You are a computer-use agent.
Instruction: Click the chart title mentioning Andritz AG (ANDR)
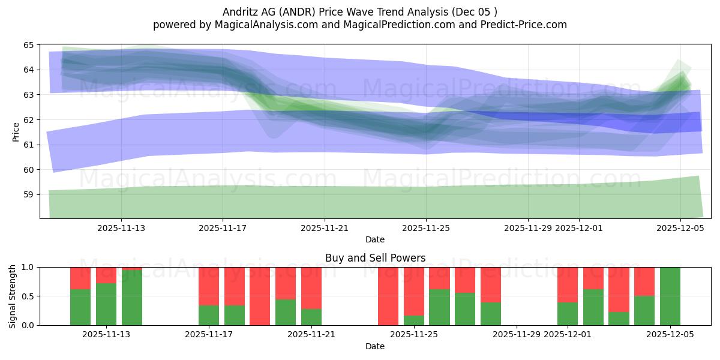[x=359, y=11]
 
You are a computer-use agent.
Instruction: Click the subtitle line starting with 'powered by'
[x=359, y=25]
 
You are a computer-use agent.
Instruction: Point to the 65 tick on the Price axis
[x=28, y=45]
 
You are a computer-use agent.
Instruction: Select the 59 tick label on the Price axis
[x=28, y=195]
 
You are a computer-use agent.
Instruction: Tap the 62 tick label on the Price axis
[x=28, y=120]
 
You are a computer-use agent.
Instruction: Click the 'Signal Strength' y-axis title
[x=13, y=296]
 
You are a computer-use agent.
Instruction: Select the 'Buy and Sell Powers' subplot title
[x=375, y=258]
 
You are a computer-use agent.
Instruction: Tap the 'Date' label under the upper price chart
[x=375, y=239]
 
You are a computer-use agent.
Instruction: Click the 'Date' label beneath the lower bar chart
[x=375, y=346]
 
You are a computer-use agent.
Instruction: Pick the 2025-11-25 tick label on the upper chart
[x=426, y=228]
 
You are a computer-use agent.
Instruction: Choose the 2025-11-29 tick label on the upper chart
[x=528, y=228]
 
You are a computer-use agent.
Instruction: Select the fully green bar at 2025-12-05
[x=670, y=296]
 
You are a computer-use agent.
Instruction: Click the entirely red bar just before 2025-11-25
[x=388, y=296]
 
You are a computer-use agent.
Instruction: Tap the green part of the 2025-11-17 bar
[x=209, y=315]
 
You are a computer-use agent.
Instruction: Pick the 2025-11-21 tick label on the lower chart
[x=311, y=335]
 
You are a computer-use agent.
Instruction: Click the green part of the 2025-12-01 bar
[x=568, y=313]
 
